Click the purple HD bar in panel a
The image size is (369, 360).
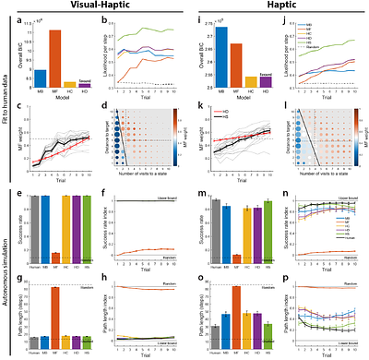(84, 85)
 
